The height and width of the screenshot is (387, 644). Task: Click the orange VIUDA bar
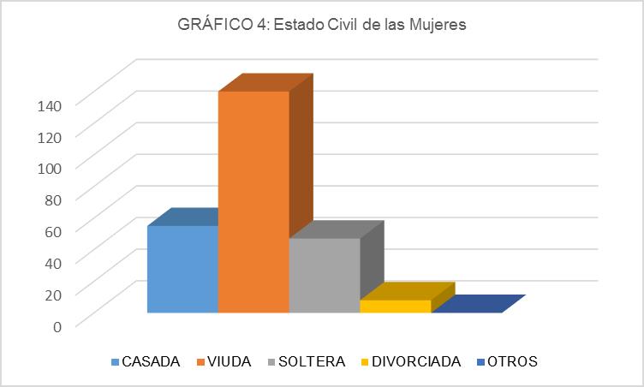click(x=253, y=201)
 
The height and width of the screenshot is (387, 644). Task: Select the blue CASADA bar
click(x=182, y=269)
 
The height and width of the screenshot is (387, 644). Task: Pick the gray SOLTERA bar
click(x=325, y=275)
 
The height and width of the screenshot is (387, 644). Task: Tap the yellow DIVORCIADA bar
click(x=395, y=306)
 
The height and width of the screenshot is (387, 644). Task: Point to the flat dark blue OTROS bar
click(x=476, y=304)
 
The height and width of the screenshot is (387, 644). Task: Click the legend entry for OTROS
click(x=511, y=361)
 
